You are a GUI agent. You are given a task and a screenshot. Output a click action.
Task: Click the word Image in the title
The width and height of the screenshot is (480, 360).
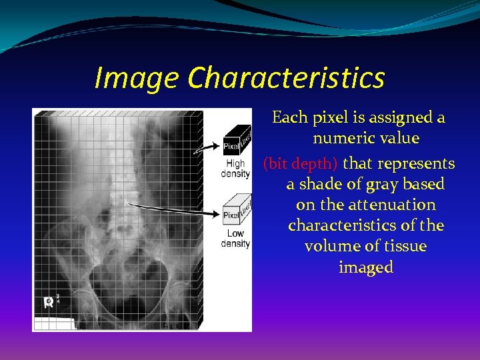[x=137, y=78]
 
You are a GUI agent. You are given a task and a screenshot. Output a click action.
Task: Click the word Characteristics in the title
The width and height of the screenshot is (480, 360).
[x=286, y=78]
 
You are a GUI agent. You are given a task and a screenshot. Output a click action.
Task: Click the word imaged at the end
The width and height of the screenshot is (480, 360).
[x=366, y=267]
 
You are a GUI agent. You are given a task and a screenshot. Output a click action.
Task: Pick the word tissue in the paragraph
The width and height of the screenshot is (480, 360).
[x=404, y=247]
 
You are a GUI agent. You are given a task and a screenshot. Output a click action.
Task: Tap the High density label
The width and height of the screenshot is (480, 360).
[x=235, y=169]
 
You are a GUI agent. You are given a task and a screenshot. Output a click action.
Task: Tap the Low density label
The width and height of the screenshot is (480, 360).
[x=235, y=238]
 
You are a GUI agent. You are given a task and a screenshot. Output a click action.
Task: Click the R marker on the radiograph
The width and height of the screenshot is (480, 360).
[x=49, y=302]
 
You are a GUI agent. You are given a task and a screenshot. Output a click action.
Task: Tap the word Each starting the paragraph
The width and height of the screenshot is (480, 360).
[x=288, y=118]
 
